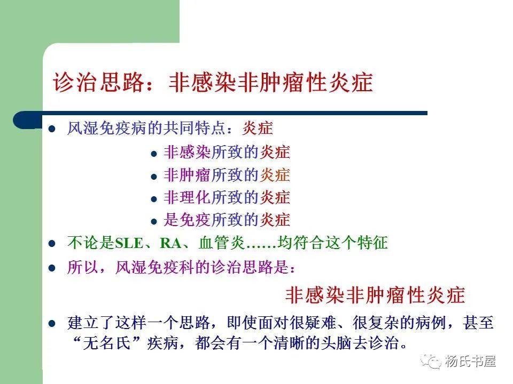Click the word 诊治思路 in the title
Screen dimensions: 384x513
[x=99, y=84]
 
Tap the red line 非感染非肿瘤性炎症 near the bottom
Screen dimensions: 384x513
[x=375, y=294]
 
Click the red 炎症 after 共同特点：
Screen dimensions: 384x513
[x=258, y=129]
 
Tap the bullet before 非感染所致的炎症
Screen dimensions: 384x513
[x=154, y=154]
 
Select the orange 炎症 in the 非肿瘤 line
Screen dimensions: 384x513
[x=275, y=175]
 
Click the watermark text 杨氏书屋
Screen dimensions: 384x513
[x=470, y=362]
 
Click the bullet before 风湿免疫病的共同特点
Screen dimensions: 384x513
[x=52, y=129]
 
